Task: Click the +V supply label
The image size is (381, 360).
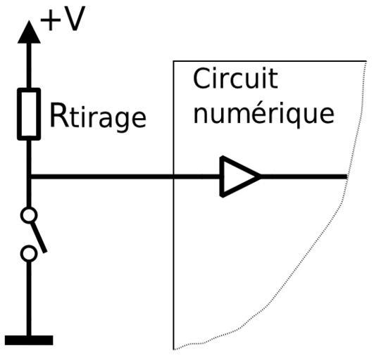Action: (63, 19)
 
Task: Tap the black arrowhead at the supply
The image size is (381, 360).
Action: (29, 32)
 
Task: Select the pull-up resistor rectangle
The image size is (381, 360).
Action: (29, 114)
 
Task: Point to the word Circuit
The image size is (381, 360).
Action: (235, 79)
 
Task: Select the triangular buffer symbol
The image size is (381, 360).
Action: (240, 176)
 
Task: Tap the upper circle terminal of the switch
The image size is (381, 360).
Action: (29, 215)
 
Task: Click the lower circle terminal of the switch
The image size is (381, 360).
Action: (29, 254)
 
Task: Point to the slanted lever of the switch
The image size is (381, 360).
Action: (39, 237)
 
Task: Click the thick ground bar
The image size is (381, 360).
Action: (29, 340)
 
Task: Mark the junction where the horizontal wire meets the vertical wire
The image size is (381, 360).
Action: (29, 176)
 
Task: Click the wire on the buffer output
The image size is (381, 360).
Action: (304, 176)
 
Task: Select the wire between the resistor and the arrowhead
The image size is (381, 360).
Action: (29, 65)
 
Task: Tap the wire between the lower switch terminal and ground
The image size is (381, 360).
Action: (29, 299)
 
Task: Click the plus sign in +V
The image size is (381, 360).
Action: (50, 20)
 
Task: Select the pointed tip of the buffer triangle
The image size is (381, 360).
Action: (261, 176)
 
